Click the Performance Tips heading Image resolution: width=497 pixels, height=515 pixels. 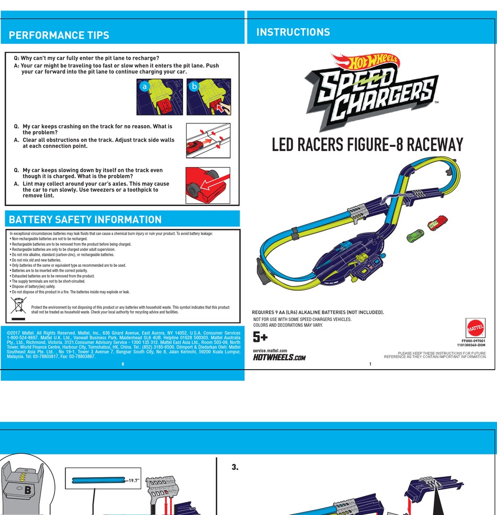[59, 35]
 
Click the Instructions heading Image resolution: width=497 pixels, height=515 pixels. [293, 32]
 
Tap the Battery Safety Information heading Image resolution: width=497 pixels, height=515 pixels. [85, 220]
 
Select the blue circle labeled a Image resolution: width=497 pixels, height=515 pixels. [144, 86]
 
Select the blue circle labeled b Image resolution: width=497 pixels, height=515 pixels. [194, 86]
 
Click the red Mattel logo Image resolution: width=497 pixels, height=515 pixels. [476, 328]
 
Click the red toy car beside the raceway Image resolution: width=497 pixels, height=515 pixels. [437, 222]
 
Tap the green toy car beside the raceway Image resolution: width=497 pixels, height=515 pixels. [415, 236]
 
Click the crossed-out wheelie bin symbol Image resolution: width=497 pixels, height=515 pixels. [18, 305]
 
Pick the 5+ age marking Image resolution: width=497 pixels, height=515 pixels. [260, 337]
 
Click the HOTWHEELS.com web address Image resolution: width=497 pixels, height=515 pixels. [279, 357]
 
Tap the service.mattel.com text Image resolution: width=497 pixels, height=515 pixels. [270, 350]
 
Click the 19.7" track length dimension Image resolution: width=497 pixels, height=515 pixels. [134, 480]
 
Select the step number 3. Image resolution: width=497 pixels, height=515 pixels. [235, 467]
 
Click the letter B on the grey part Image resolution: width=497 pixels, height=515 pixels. [28, 490]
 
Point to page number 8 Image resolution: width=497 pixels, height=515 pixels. [123, 364]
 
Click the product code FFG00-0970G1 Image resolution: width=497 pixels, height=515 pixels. [473, 341]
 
